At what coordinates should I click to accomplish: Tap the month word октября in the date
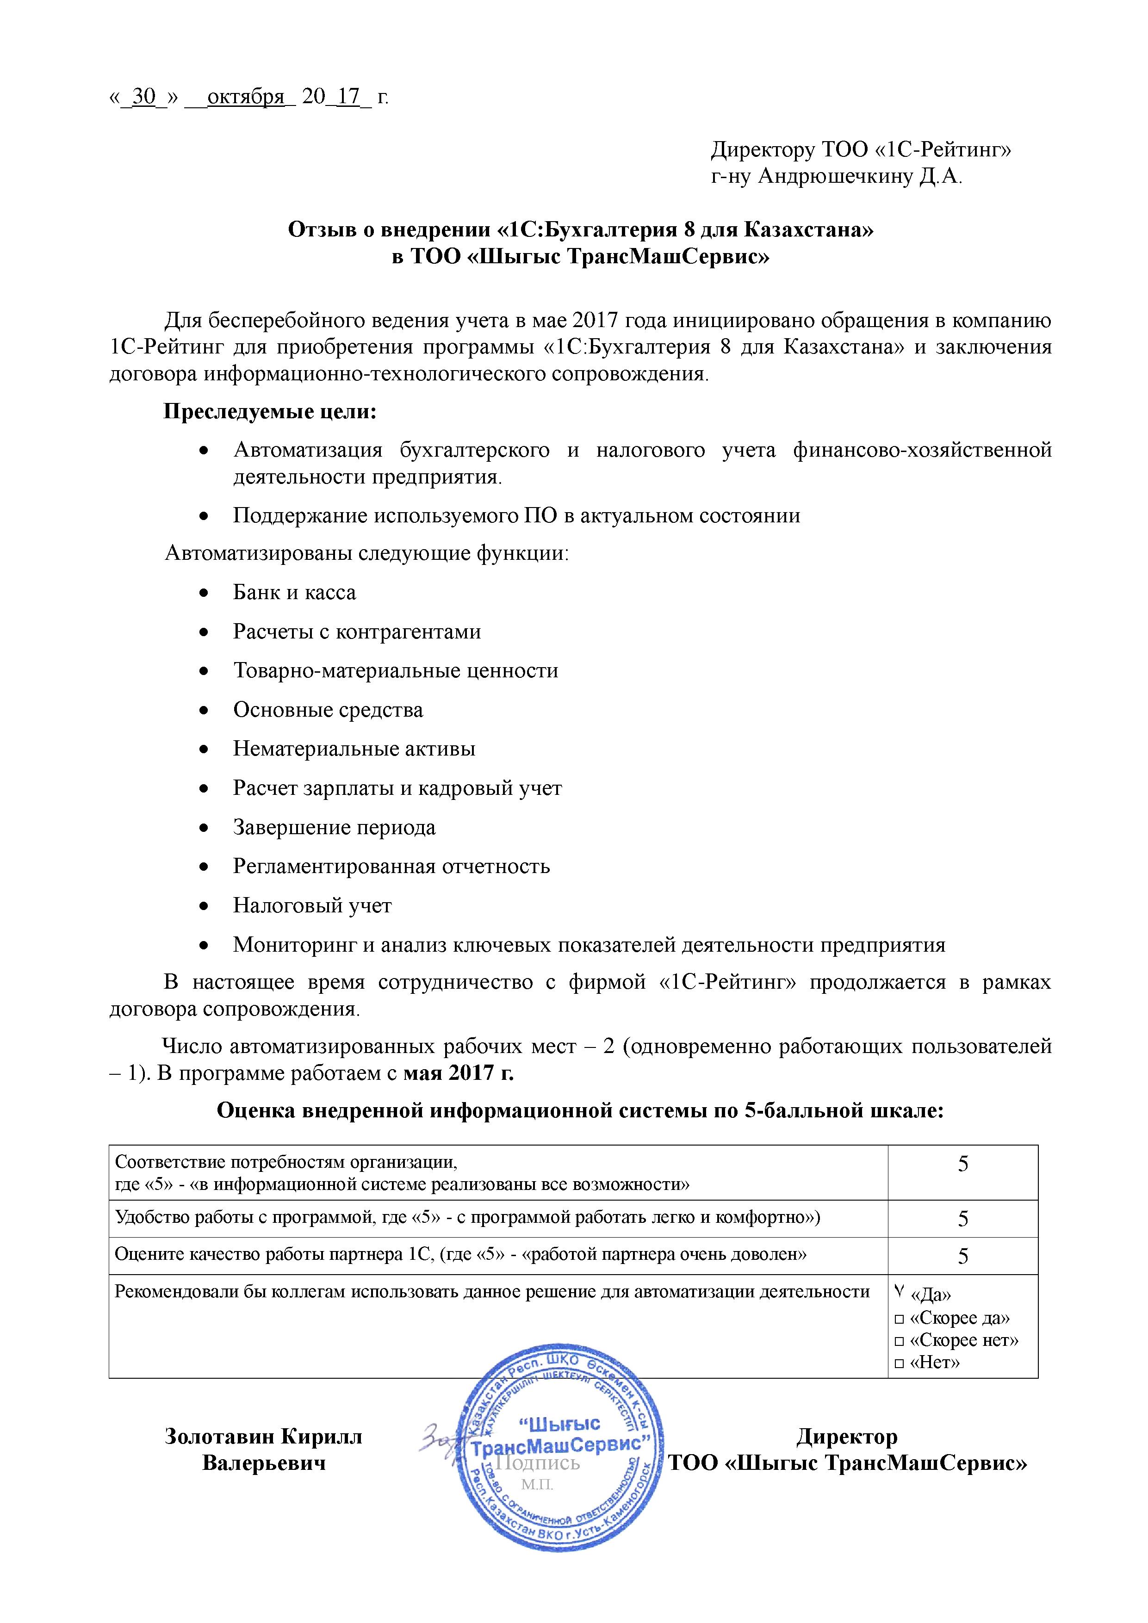tap(245, 96)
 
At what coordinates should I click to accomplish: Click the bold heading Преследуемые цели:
tap(270, 411)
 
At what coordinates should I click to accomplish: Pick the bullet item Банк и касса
tap(294, 592)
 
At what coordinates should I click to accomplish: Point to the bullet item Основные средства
tap(328, 710)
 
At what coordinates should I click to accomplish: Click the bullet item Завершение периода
tap(335, 827)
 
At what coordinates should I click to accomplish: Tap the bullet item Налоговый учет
tap(312, 905)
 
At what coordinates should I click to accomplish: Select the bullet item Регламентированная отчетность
tap(391, 866)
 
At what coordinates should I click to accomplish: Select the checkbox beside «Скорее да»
tap(899, 1319)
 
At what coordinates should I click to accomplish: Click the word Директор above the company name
tap(847, 1437)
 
